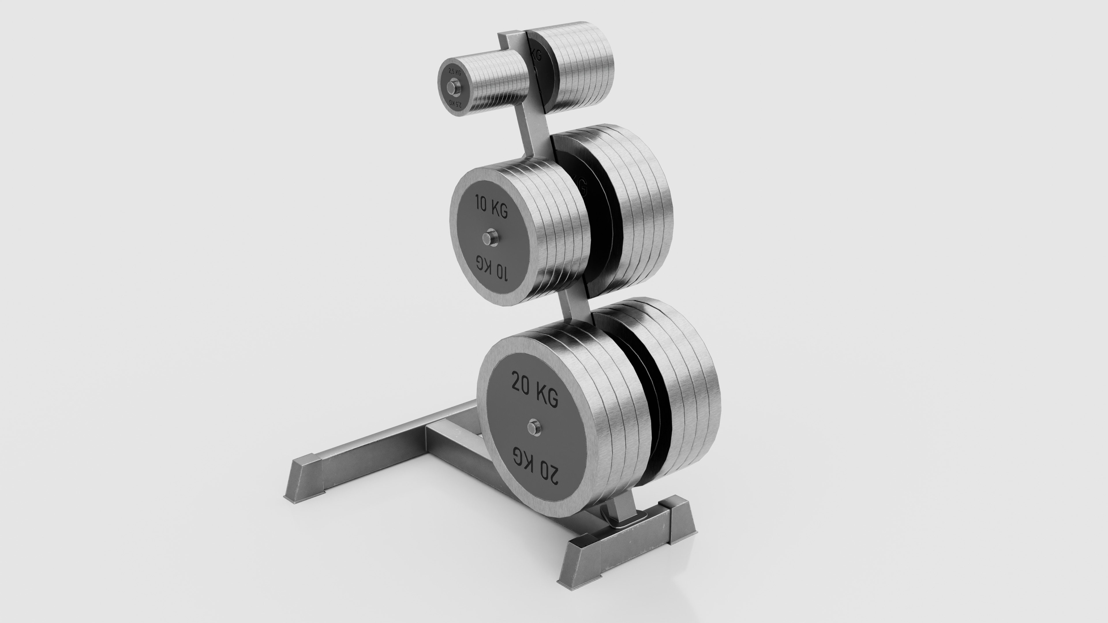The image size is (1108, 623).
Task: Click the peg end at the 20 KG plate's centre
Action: click(x=534, y=438)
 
